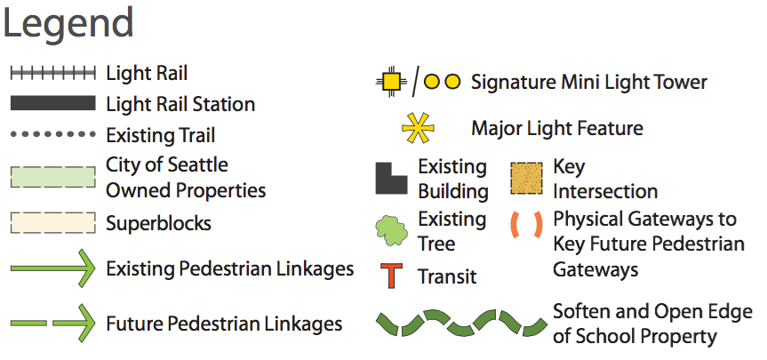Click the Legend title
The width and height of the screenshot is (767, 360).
point(68,24)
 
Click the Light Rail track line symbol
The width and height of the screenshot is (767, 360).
point(52,73)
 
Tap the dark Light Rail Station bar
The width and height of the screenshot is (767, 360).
point(52,104)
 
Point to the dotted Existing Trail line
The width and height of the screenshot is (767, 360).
point(52,134)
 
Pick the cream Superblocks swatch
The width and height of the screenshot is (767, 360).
point(52,222)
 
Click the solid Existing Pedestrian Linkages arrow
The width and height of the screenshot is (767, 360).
point(52,268)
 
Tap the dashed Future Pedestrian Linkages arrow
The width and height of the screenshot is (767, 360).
point(52,323)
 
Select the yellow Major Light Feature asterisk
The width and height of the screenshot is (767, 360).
point(417,129)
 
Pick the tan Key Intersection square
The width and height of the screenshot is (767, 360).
point(527,178)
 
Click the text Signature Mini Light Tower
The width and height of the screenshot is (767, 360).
point(588,83)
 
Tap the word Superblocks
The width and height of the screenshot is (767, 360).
point(158,222)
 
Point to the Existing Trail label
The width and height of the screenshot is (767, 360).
point(160,135)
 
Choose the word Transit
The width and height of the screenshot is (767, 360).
point(447,276)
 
